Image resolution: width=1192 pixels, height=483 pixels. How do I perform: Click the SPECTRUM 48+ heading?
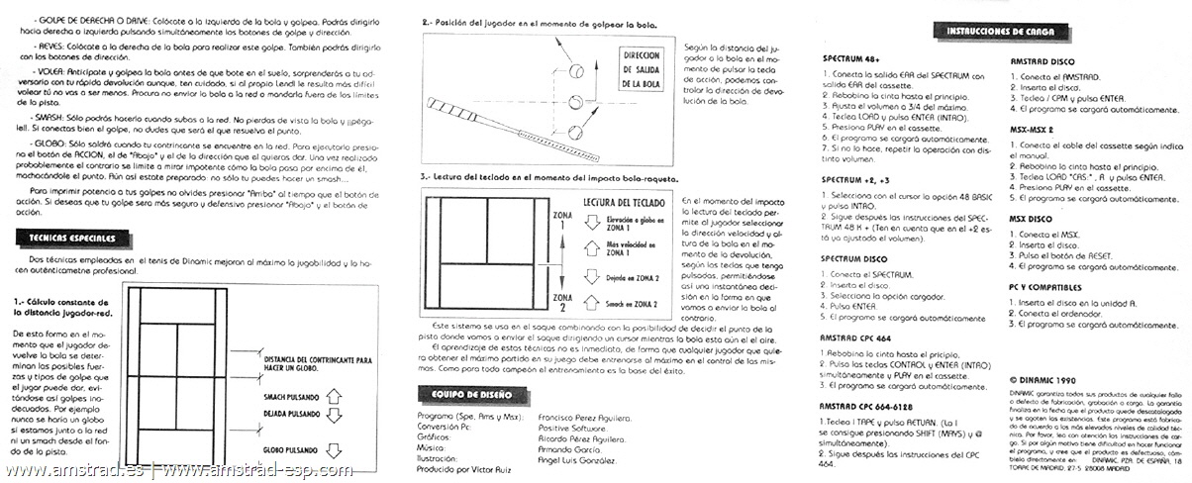[849, 59]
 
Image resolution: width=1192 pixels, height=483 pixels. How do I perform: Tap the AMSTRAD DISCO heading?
[1042, 61]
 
